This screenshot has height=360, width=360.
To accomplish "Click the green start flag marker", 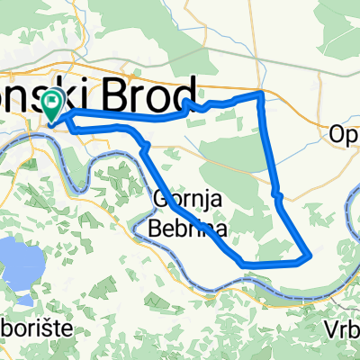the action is tap(52, 103).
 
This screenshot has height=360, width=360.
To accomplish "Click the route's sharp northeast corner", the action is tap(261, 93).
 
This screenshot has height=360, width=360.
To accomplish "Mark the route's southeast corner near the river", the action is tap(310, 256).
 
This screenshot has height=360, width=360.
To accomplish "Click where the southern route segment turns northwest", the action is tap(243, 263).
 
